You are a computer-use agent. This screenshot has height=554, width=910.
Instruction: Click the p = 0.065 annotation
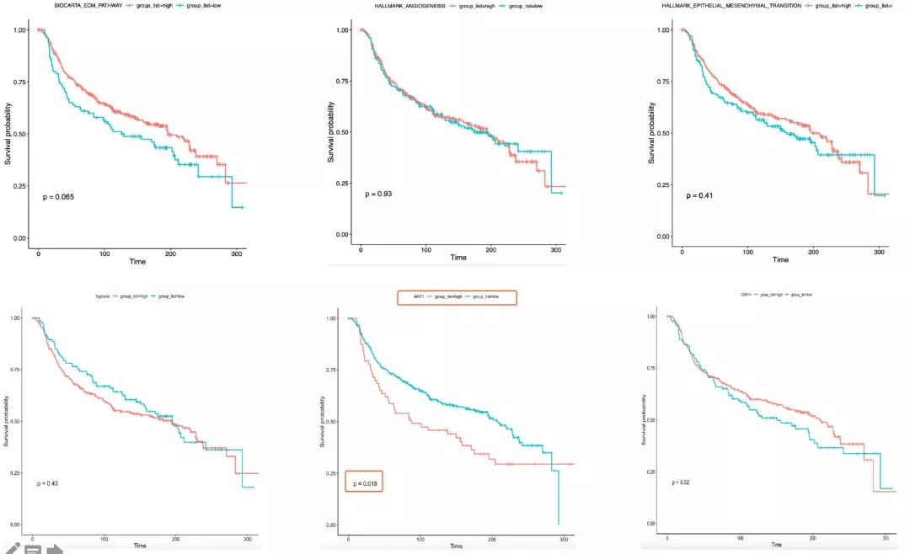tap(58, 197)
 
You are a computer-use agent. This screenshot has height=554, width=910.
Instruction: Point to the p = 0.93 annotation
tap(378, 194)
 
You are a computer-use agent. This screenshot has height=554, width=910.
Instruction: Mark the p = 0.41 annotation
tap(699, 195)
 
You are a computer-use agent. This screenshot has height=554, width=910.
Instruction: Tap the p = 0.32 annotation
tap(679, 482)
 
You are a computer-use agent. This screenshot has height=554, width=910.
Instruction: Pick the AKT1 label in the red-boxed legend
tap(418, 297)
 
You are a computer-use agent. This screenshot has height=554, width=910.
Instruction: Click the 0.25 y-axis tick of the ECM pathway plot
tap(19, 186)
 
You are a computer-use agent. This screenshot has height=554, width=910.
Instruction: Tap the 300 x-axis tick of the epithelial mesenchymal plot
tap(877, 251)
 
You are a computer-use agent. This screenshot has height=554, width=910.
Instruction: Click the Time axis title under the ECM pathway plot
tap(137, 261)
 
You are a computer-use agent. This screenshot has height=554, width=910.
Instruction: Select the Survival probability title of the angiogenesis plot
tap(331, 132)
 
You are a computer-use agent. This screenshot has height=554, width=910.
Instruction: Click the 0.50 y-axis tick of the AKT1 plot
tap(331, 421)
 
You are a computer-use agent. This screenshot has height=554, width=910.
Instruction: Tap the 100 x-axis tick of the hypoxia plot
tap(104, 538)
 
